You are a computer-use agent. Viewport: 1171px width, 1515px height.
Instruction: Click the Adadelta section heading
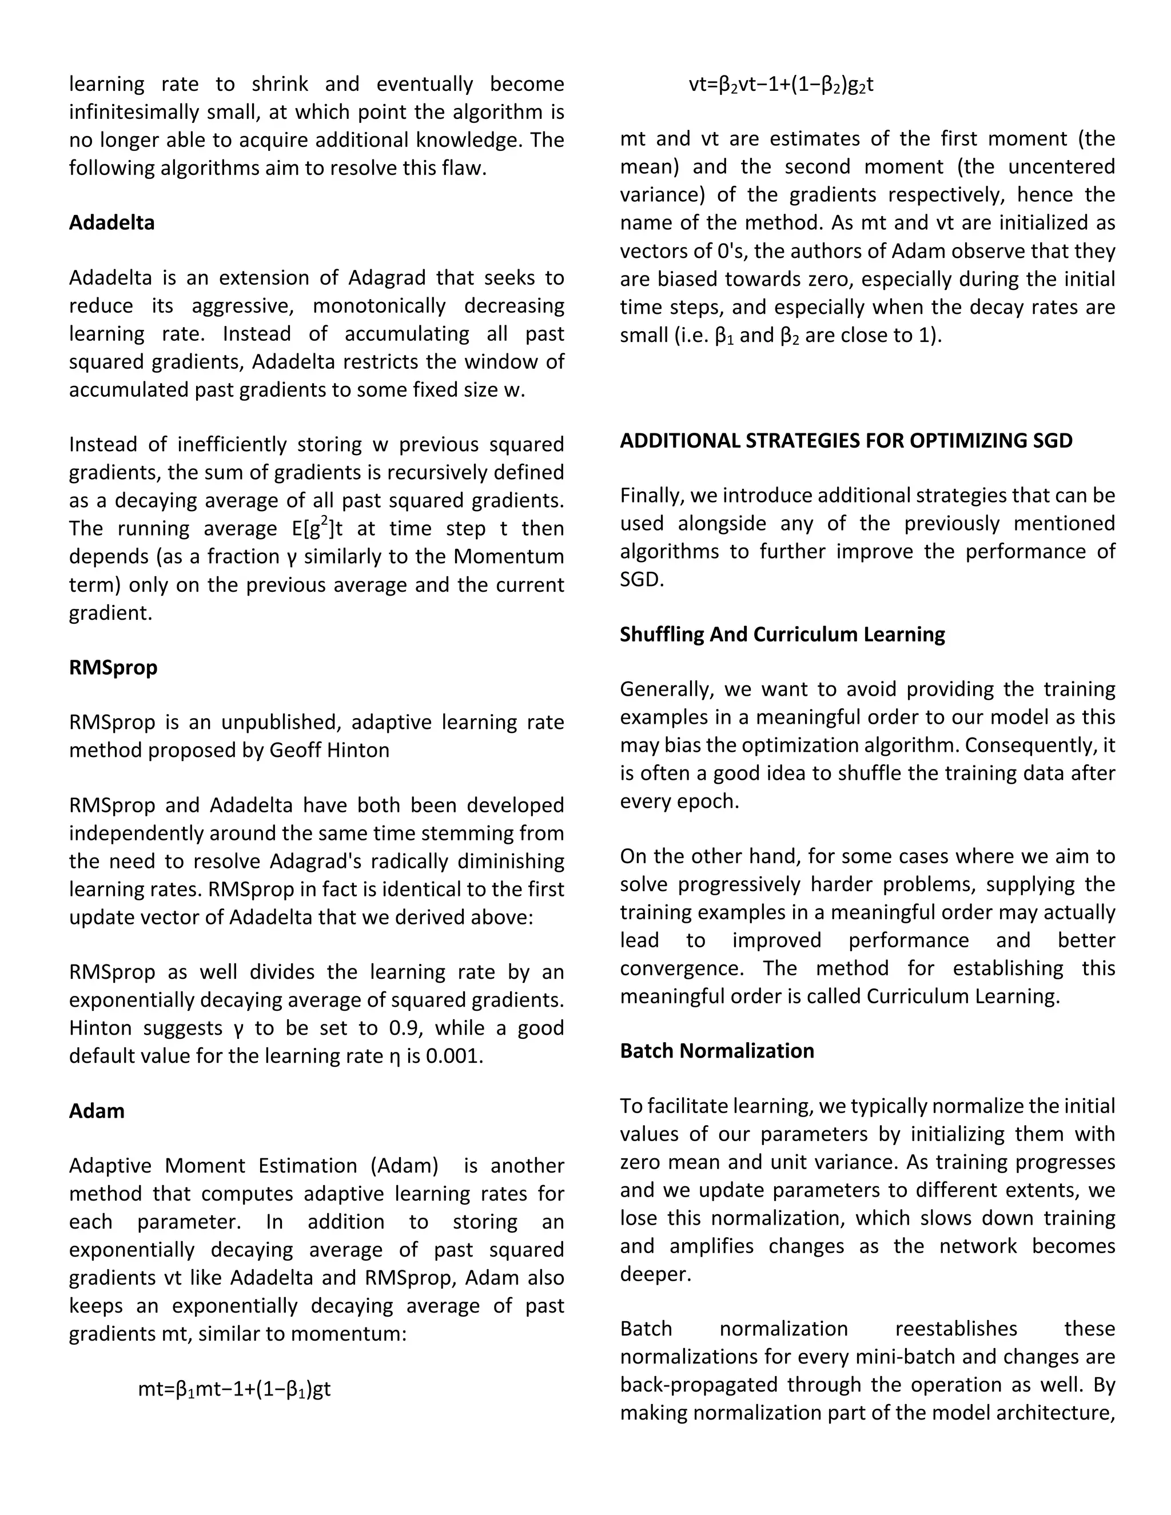click(x=111, y=222)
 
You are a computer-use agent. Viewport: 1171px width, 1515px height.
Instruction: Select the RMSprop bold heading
click(x=113, y=667)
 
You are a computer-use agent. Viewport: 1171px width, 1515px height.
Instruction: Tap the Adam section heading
click(x=97, y=1111)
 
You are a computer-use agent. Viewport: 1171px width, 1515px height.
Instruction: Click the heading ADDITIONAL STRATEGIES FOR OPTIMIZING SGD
click(x=846, y=440)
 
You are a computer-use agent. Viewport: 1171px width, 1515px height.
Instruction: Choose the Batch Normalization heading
click(x=716, y=1050)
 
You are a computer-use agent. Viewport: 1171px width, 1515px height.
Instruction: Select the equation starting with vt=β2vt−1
click(x=780, y=85)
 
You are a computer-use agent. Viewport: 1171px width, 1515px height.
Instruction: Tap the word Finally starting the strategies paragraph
click(x=650, y=495)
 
